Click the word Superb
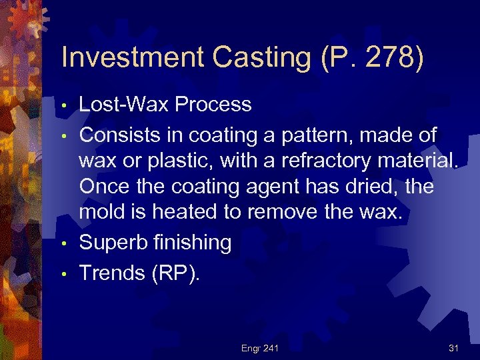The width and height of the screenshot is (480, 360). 112,243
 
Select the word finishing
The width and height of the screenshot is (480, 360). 190,243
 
